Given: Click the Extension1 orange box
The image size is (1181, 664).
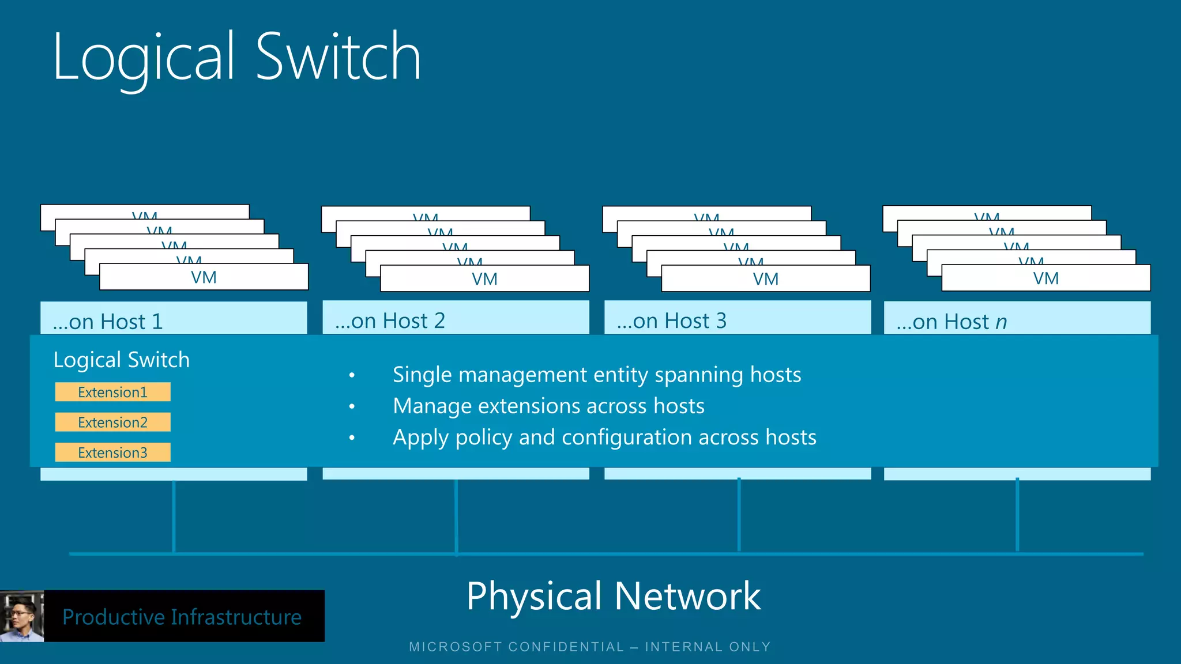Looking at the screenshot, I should [x=112, y=392].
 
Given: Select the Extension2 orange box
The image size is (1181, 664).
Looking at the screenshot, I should [x=112, y=422].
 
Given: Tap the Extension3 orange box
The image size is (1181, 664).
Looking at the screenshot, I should [x=112, y=452].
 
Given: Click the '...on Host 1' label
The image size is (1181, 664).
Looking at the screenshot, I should [x=108, y=321].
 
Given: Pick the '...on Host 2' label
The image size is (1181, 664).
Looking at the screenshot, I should [x=390, y=320].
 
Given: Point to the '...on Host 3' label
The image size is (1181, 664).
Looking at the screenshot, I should [x=671, y=320].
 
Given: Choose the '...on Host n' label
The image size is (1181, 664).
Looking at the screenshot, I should [x=951, y=322].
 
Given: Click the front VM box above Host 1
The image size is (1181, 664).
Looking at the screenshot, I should [x=204, y=277].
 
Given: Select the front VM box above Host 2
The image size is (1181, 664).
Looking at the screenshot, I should [x=484, y=279].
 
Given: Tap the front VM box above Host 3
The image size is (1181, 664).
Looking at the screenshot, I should [x=765, y=279].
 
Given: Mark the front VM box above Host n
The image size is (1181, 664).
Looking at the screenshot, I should [x=1045, y=278].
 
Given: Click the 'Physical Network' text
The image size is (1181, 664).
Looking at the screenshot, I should [x=614, y=595].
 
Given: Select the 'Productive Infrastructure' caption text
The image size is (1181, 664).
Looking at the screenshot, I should [x=182, y=617].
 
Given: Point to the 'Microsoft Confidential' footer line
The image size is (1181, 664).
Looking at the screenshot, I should [x=589, y=647].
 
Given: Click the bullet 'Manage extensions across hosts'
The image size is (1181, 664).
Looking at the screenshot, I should [x=548, y=406].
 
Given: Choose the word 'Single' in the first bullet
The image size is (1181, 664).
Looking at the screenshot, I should [x=422, y=375].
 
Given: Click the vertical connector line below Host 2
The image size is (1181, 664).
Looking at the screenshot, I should [x=456, y=516].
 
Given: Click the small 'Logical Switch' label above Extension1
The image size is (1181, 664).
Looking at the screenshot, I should [x=121, y=360].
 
